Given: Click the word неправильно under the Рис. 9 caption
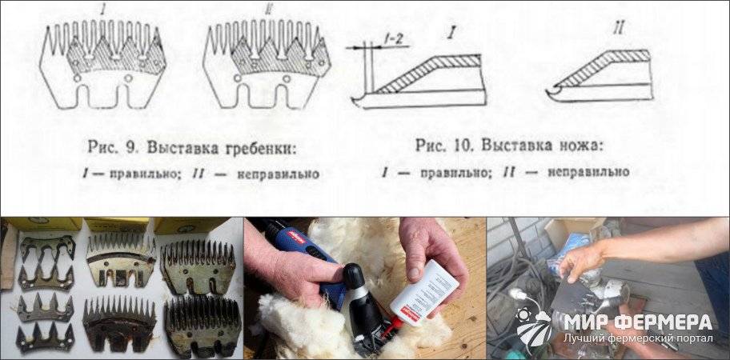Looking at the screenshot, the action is click(x=278, y=174).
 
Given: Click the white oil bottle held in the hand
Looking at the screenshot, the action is click(x=424, y=292).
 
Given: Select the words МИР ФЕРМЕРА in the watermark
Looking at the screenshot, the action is click(x=638, y=322).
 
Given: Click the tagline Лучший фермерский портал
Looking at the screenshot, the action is click(x=638, y=338).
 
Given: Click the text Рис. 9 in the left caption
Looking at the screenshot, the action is click(x=115, y=147).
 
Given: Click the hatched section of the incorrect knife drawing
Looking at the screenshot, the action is click(x=605, y=66).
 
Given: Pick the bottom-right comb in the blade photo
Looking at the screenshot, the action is click(x=203, y=327).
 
